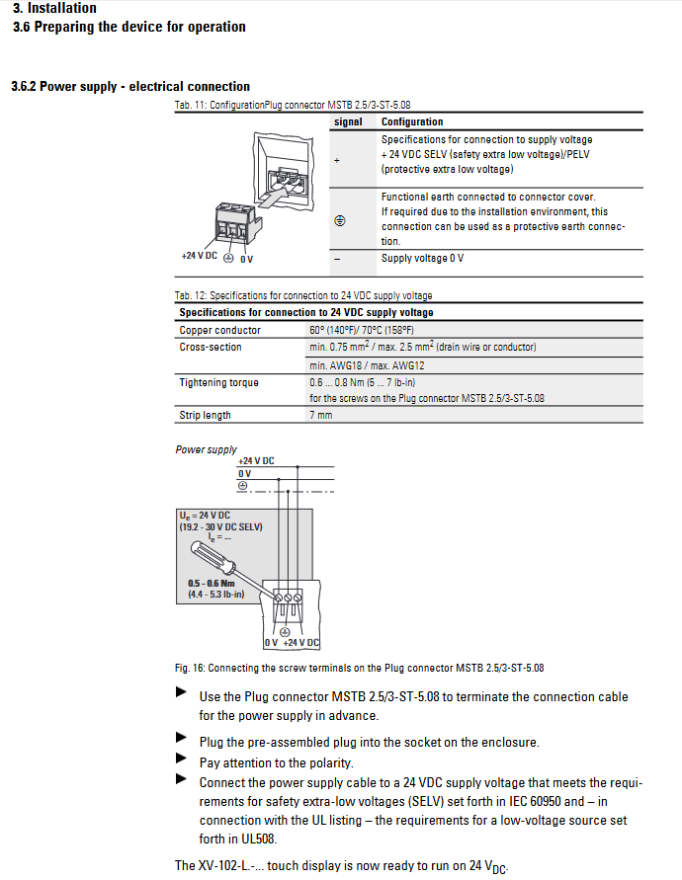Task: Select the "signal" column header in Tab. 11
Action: (348, 122)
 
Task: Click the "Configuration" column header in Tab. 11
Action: (412, 122)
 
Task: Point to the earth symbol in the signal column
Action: (339, 221)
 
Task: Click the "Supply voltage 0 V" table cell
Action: (422, 259)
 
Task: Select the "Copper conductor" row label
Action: (219, 330)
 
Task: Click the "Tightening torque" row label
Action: (218, 382)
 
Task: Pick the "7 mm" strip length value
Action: (320, 415)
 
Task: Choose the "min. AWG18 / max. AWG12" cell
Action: (361, 364)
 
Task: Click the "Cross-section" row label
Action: (210, 347)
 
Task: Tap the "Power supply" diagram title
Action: (206, 449)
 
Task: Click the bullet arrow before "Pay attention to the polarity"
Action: (181, 760)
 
